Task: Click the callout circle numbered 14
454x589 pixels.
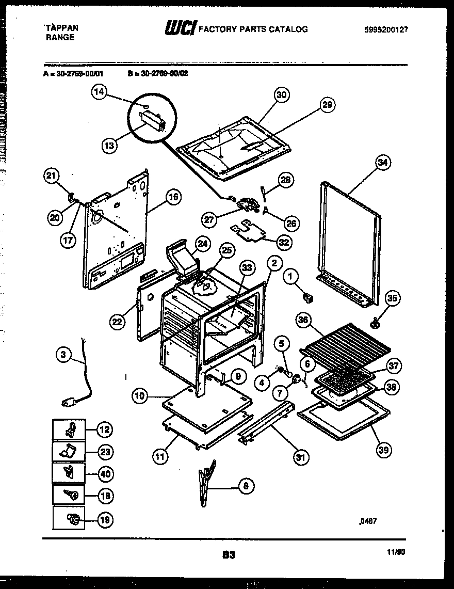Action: [100, 93]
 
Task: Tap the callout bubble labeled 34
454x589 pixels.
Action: [382, 163]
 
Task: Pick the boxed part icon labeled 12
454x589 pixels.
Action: [69, 429]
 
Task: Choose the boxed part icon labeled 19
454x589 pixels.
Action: [69, 518]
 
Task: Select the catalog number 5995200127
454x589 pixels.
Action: [386, 30]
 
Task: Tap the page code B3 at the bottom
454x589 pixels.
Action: [229, 555]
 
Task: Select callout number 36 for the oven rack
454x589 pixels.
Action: [304, 321]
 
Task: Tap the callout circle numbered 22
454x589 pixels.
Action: [118, 322]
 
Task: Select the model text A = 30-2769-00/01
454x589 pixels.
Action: [74, 73]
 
